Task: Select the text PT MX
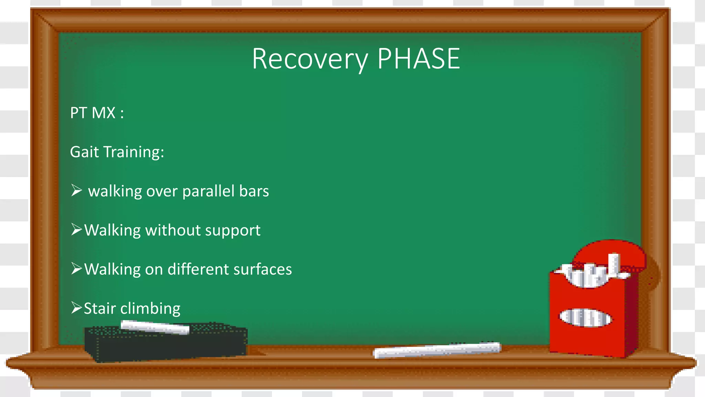coord(93,113)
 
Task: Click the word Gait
coord(84,152)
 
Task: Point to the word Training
coord(134,152)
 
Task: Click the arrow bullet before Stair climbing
coord(76,307)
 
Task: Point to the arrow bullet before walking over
coord(76,190)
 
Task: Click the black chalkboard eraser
coord(165,345)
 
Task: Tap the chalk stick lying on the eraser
coord(155,327)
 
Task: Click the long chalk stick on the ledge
coord(437,350)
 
